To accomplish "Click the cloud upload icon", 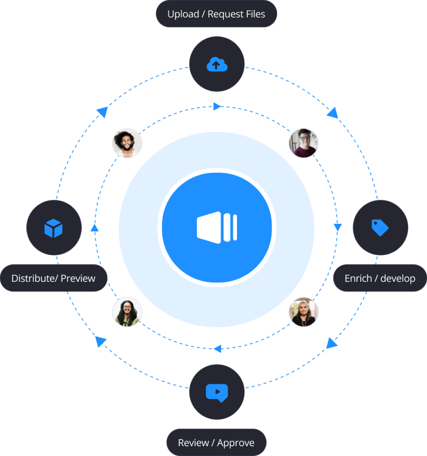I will click(x=217, y=64).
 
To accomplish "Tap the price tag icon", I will click(x=380, y=228).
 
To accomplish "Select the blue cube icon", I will click(x=54, y=228).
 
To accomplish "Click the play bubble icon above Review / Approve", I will click(x=217, y=392).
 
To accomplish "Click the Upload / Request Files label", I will click(x=216, y=14).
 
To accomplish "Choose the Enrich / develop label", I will click(x=380, y=278).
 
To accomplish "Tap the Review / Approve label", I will click(x=216, y=443).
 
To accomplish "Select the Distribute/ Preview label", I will click(x=53, y=278).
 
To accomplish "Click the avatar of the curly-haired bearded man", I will click(x=127, y=143).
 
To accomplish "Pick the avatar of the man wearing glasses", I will click(x=304, y=143).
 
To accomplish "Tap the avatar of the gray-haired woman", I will click(x=304, y=312).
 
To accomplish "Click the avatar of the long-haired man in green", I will click(x=127, y=312).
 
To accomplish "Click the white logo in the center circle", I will click(x=217, y=228).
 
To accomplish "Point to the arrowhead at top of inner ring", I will click(x=217, y=106).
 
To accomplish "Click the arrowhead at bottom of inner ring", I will click(x=217, y=349).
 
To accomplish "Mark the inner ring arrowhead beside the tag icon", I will click(x=338, y=227).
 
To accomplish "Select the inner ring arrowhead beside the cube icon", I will click(x=95, y=227).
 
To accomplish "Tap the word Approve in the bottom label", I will click(x=236, y=443).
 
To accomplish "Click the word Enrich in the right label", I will click(x=358, y=278).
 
